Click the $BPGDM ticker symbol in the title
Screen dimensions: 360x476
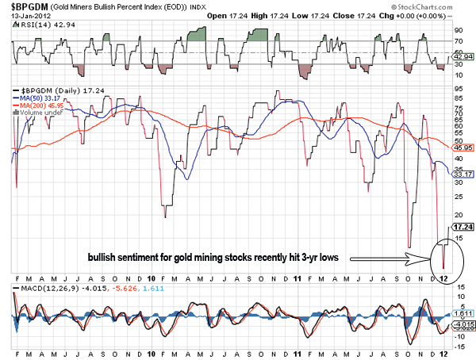29,6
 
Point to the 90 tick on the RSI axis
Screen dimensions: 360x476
459,29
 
